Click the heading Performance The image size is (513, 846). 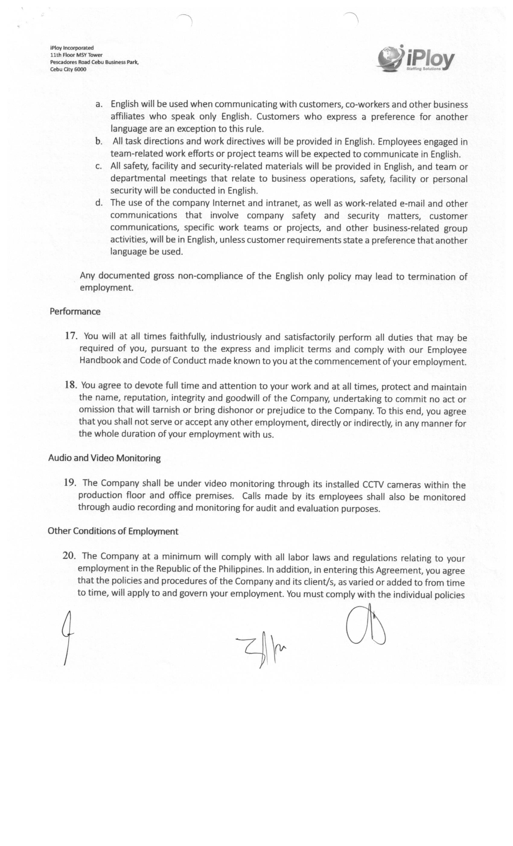point(75,312)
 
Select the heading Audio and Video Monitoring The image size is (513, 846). point(104,458)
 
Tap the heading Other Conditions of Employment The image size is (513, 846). point(113,531)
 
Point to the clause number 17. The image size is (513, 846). point(71,336)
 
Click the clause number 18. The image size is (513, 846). point(71,385)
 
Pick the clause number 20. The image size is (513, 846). point(69,556)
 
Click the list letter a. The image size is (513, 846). point(99,104)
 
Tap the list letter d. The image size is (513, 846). point(99,202)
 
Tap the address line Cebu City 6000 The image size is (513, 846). point(68,69)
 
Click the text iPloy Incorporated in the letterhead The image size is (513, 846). point(72,48)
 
